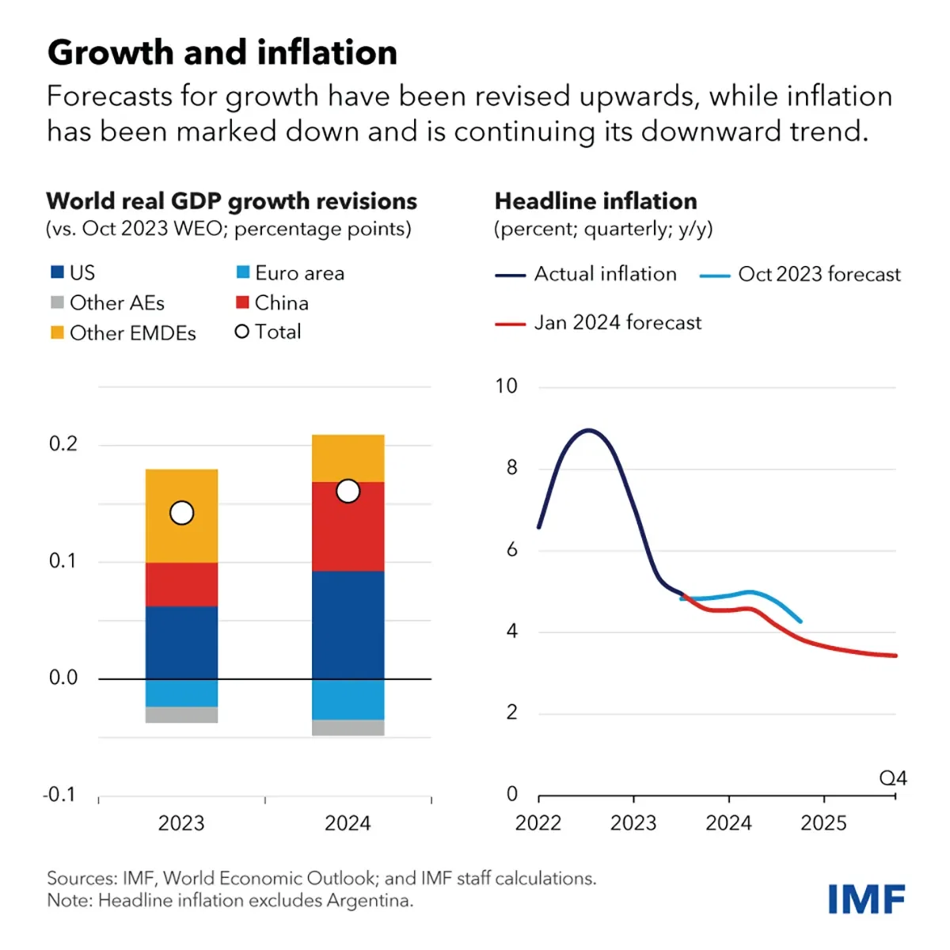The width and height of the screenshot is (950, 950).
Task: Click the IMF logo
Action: [x=866, y=899]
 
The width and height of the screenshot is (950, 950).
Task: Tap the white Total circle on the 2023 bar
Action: [x=182, y=513]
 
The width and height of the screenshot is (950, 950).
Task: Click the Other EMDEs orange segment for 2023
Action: [x=181, y=538]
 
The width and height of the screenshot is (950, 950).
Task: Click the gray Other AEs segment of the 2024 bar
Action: [x=348, y=728]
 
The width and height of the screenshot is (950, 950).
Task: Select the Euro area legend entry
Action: [x=291, y=273]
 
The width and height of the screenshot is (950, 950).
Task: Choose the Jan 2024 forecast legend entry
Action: [x=598, y=323]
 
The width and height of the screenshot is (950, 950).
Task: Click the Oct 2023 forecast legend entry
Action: [x=800, y=275]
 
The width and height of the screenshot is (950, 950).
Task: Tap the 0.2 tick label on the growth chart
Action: [x=63, y=444]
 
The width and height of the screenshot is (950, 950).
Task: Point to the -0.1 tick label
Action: [x=59, y=794]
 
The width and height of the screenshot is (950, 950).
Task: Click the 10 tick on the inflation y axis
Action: [x=506, y=386]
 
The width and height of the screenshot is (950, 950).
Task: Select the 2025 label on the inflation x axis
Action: [x=823, y=823]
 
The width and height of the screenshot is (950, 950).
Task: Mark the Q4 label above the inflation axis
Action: [x=892, y=778]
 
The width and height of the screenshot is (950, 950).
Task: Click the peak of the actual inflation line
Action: [x=588, y=430]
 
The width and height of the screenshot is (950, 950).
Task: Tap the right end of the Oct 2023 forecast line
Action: [x=800, y=621]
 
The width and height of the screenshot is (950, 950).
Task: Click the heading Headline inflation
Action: [x=595, y=201]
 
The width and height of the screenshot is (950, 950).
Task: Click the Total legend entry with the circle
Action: [x=268, y=332]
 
